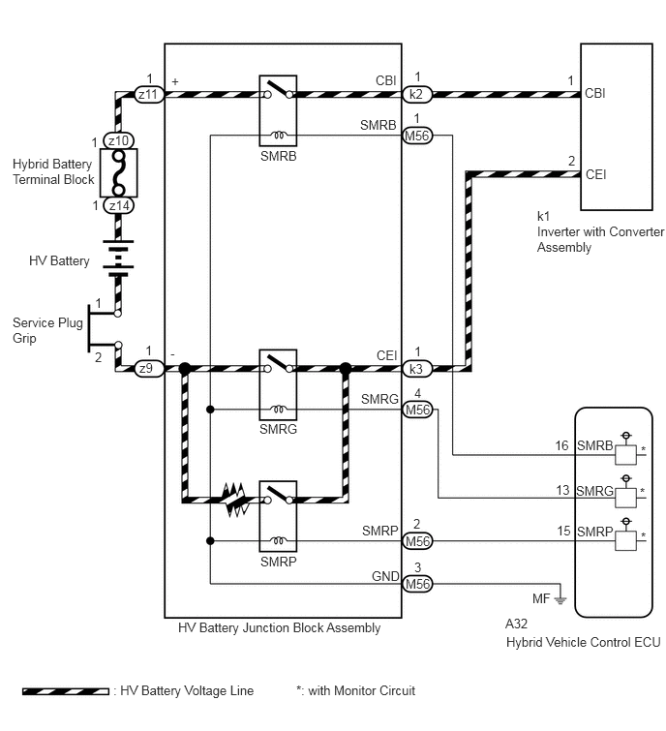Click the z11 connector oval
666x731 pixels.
pos(149,94)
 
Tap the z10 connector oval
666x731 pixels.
pos(118,140)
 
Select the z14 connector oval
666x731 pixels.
pos(118,205)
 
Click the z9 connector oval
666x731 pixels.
pos(149,368)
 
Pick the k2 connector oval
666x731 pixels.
pos(417,94)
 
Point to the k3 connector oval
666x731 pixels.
pos(417,369)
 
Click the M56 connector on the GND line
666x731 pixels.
pos(417,584)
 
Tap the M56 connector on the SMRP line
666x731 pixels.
pos(417,541)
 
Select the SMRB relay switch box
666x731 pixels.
pos(278,110)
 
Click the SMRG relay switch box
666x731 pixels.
pos(278,384)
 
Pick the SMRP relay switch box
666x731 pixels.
pos(278,517)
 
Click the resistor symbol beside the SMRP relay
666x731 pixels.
pos(235,500)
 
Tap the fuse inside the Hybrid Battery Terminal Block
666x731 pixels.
pos(119,172)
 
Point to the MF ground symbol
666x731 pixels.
pos(560,599)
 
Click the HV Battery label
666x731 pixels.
pos(59,261)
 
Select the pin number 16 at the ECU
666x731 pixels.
pos(561,445)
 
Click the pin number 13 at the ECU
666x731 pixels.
pos(562,491)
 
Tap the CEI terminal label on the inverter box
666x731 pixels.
pos(595,174)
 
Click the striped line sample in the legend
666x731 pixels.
pos(66,691)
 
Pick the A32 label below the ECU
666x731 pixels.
pos(516,624)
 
